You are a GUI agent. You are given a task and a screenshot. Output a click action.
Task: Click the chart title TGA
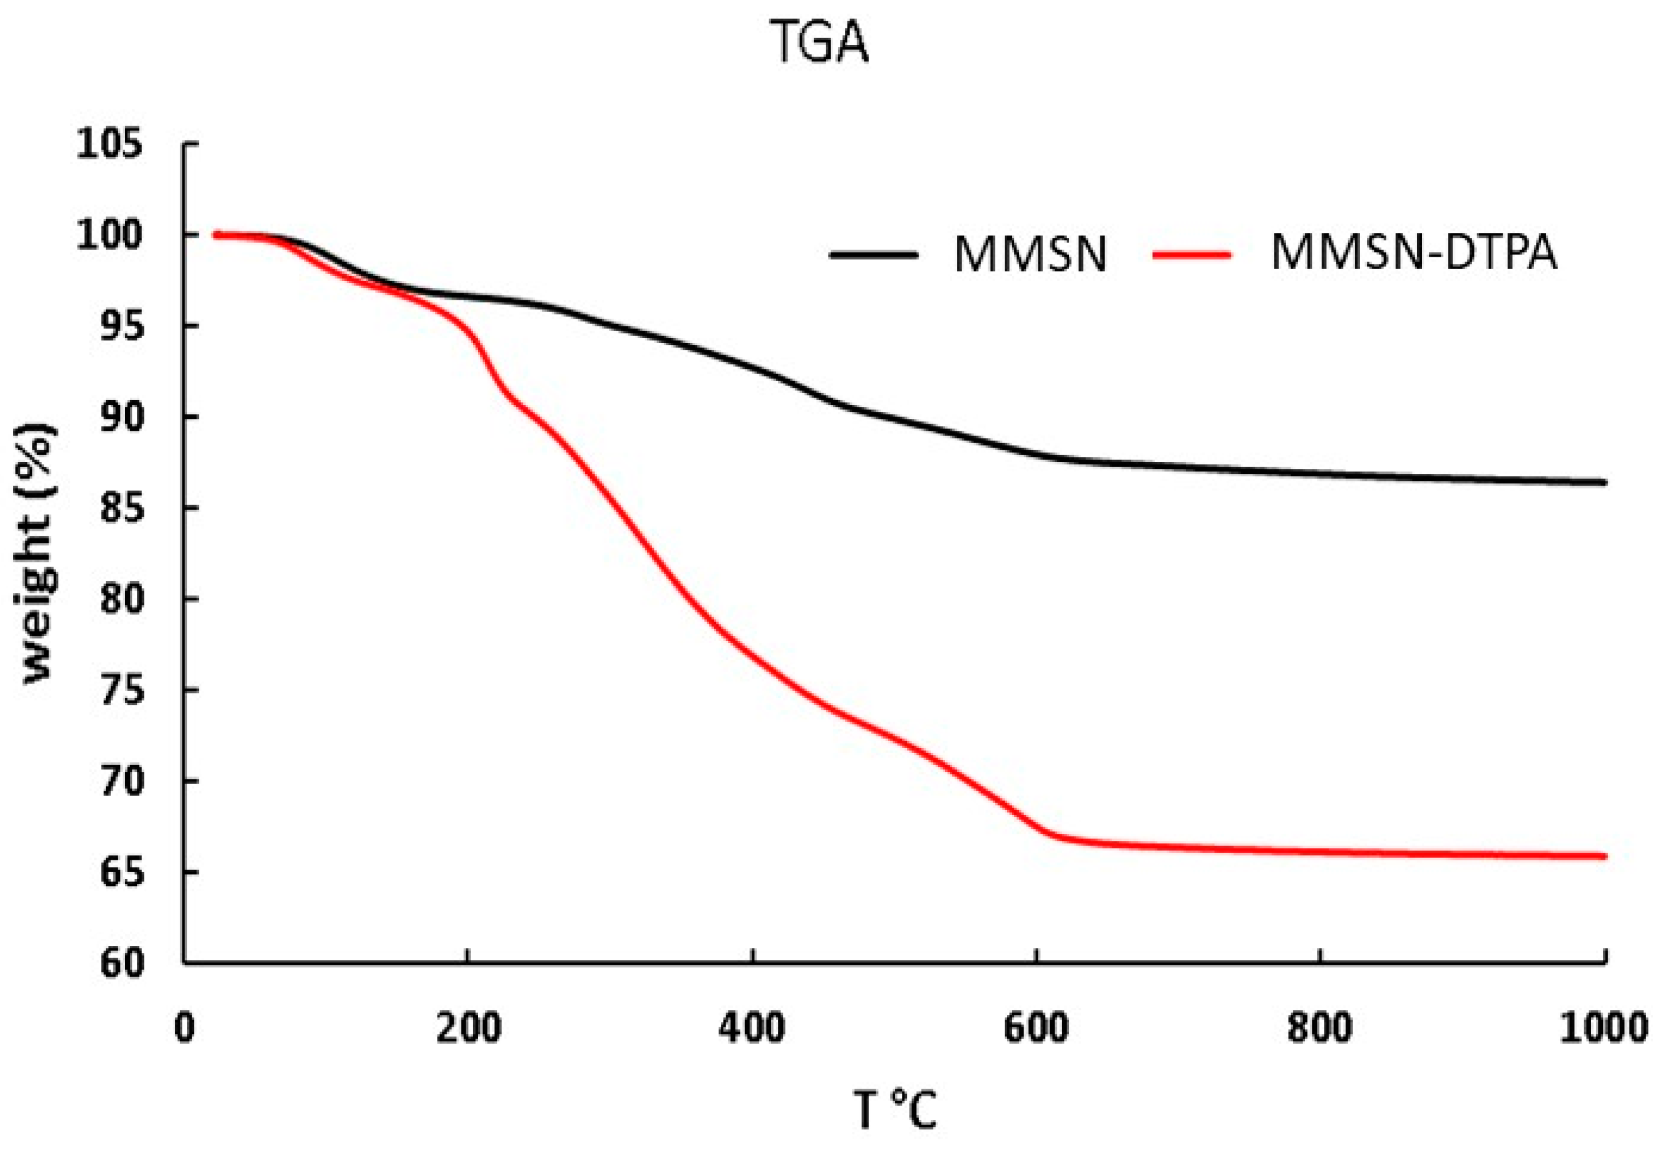coord(821,42)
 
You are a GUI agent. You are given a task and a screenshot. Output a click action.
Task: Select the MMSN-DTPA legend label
coord(1414,253)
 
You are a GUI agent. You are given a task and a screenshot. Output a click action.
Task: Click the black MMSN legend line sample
coord(873,254)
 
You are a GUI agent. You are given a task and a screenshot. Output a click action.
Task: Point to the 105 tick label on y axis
coord(110,145)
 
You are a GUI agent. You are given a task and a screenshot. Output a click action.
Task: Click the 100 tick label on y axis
coord(110,235)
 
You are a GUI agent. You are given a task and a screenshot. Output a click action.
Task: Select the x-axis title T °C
coord(896,1110)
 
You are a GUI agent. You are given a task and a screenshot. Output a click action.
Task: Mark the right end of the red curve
coord(1604,856)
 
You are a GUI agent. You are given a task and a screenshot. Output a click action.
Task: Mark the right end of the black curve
coord(1604,482)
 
